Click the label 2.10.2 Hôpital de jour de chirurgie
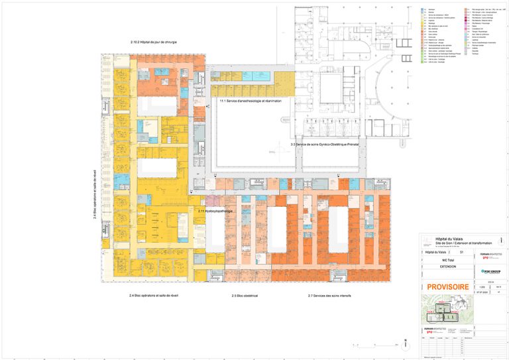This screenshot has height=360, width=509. click(x=154, y=42)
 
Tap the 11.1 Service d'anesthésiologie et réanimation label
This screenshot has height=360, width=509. click(x=251, y=101)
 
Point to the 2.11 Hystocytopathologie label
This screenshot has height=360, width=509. click(x=215, y=211)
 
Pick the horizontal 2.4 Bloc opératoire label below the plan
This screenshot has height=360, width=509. click(x=154, y=295)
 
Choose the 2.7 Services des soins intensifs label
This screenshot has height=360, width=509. click(x=329, y=295)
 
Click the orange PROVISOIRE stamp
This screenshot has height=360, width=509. click(x=447, y=286)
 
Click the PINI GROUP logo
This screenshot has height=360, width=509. click(x=490, y=271)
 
